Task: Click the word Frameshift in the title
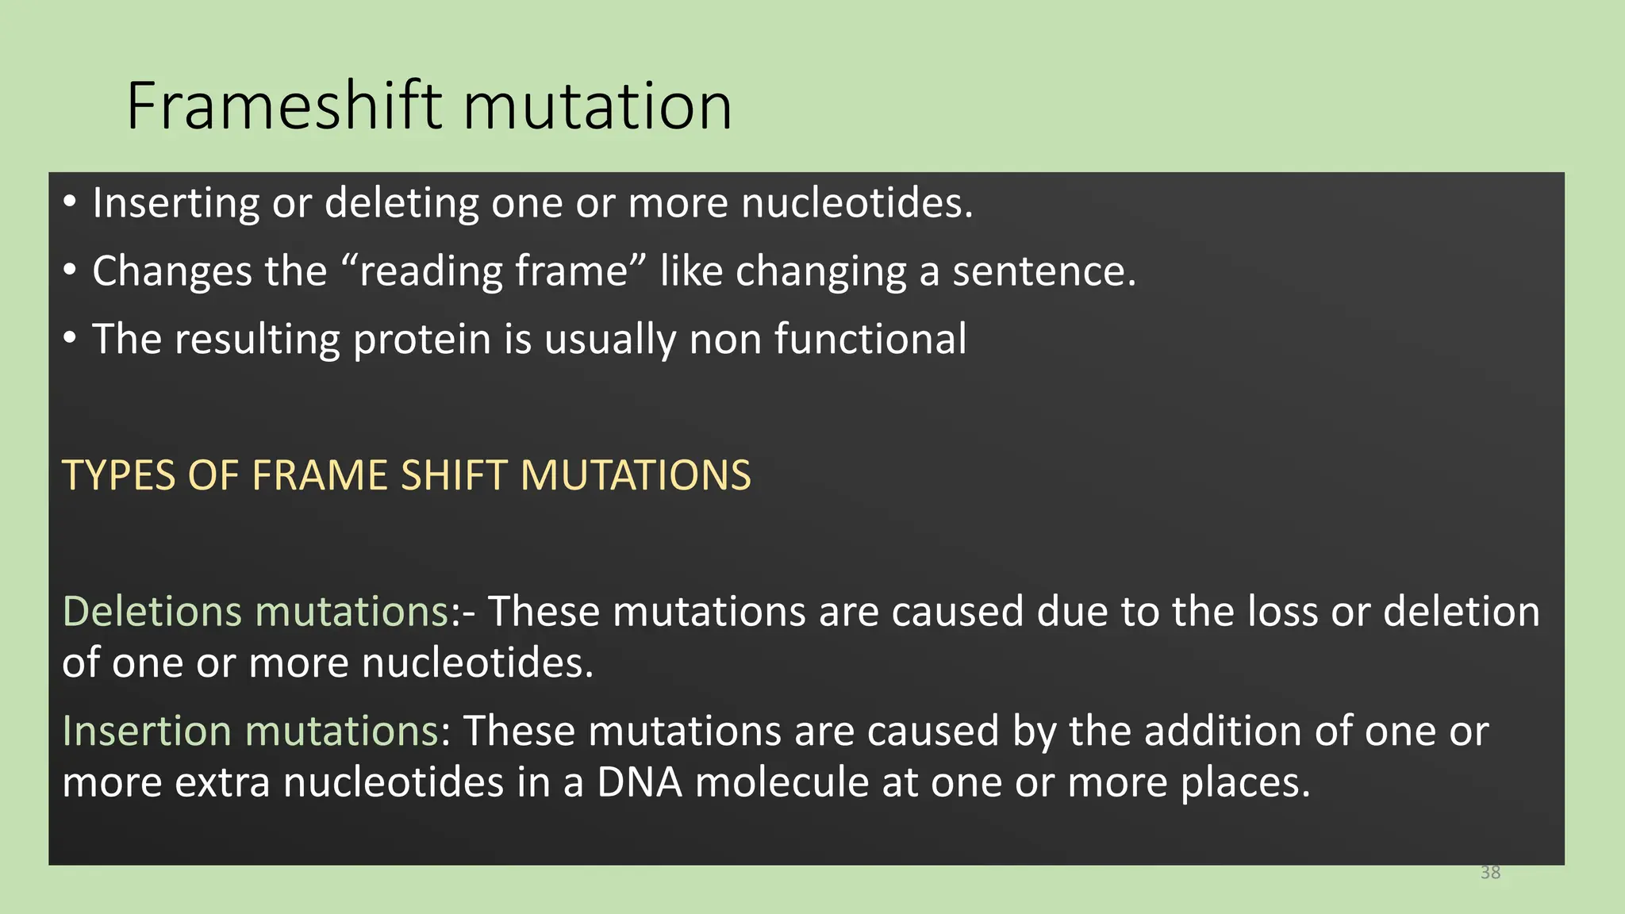(x=284, y=106)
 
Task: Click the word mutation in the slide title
(x=597, y=106)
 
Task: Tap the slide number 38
(x=1490, y=873)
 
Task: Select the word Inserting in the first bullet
(x=175, y=203)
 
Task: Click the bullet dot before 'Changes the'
(x=71, y=271)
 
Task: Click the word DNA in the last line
(x=640, y=782)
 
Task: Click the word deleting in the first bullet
(x=401, y=203)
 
